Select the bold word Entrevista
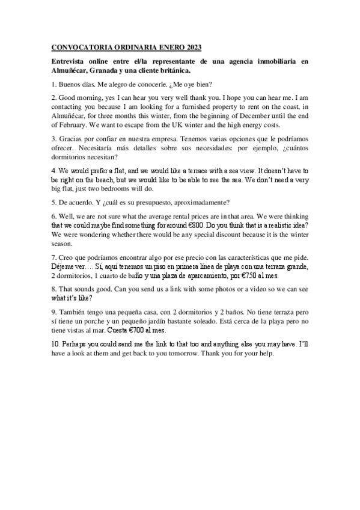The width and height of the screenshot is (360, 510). pos(69,61)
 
